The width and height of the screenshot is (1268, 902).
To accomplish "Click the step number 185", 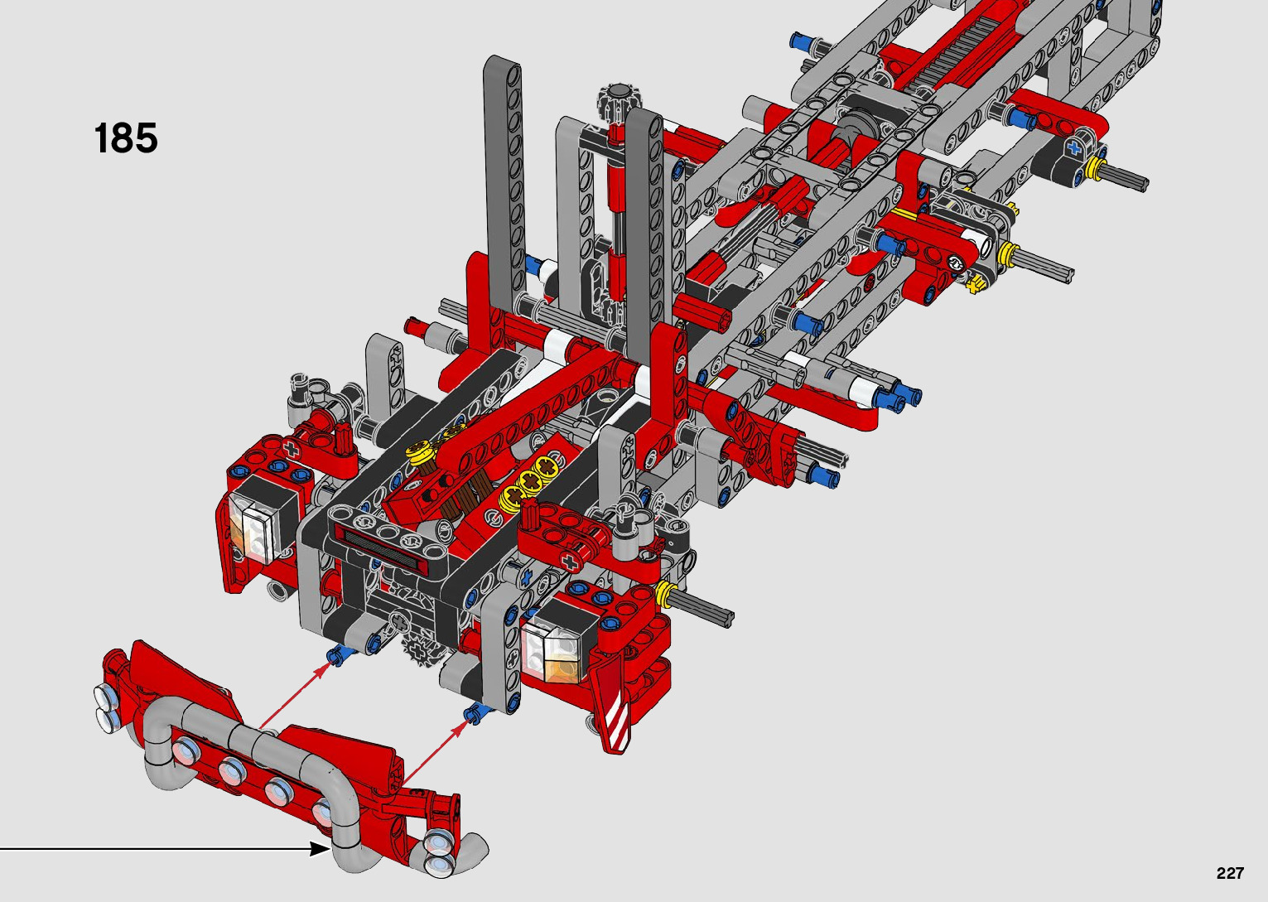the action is coord(126,138).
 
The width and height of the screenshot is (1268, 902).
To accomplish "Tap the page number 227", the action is coord(1230,872).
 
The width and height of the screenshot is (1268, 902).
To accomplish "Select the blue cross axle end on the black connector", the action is coord(1074,148).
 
